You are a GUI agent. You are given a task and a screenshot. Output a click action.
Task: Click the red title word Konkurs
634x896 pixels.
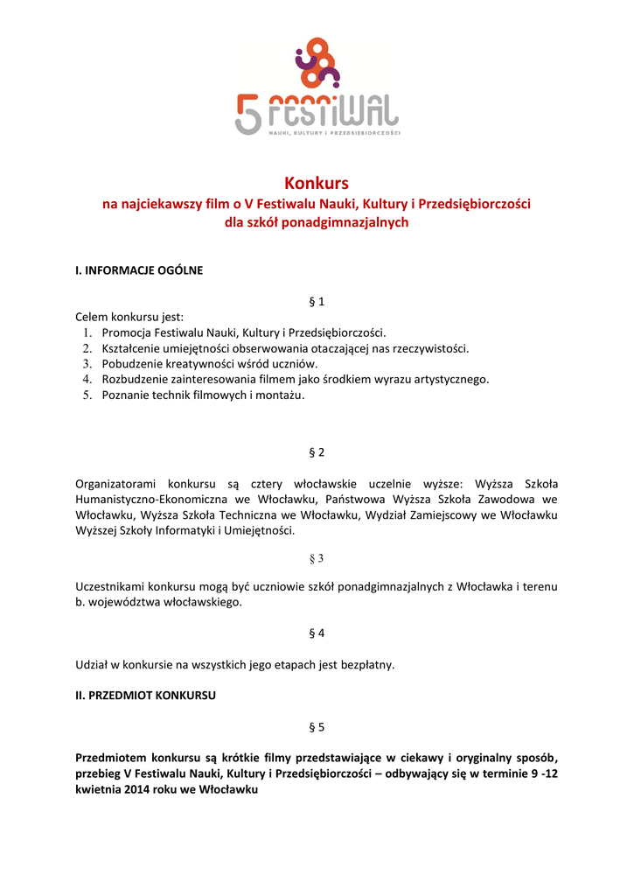317,183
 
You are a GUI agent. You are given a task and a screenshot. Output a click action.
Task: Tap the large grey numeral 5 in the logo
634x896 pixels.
247,115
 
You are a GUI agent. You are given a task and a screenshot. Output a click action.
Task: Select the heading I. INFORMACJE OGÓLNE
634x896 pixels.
139,270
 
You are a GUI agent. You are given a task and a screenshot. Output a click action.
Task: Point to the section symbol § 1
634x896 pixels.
317,302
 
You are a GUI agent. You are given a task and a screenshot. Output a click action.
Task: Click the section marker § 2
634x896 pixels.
317,452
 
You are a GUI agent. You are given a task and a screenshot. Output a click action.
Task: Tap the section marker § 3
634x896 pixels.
317,558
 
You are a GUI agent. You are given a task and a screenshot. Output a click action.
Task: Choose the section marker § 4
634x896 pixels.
317,633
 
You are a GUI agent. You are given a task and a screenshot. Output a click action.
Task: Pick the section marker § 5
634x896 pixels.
317,727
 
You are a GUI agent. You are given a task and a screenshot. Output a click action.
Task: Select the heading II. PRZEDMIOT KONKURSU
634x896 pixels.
145,696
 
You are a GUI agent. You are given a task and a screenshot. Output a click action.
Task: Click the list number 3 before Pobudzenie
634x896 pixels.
87,364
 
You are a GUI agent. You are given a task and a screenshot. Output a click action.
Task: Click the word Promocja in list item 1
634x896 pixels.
128,332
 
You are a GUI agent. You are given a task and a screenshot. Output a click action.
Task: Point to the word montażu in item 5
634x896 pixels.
280,395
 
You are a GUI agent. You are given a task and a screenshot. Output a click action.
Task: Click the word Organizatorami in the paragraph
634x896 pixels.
117,484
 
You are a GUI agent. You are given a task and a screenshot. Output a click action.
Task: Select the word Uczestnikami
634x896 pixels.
111,586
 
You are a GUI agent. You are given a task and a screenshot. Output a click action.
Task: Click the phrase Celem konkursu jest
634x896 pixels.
129,317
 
